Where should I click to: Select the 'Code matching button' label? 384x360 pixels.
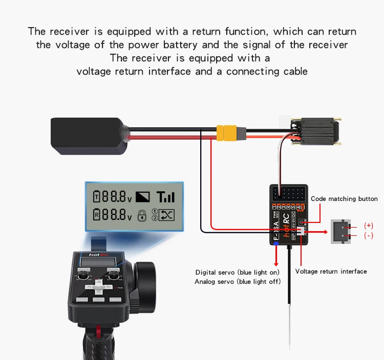(x=344, y=199)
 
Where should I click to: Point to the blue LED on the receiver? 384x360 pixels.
(x=276, y=244)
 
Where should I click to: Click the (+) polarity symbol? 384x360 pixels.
(x=368, y=226)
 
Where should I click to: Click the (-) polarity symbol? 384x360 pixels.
(x=368, y=236)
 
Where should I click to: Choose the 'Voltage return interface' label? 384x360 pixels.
(x=331, y=272)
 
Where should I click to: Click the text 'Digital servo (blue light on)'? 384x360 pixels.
(x=238, y=272)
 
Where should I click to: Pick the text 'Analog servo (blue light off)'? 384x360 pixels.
(x=238, y=282)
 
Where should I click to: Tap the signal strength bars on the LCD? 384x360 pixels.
(x=165, y=196)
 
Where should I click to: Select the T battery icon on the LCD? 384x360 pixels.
(x=97, y=196)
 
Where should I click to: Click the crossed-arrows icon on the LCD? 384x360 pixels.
(x=167, y=215)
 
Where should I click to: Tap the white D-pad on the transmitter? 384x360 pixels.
(x=102, y=287)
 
